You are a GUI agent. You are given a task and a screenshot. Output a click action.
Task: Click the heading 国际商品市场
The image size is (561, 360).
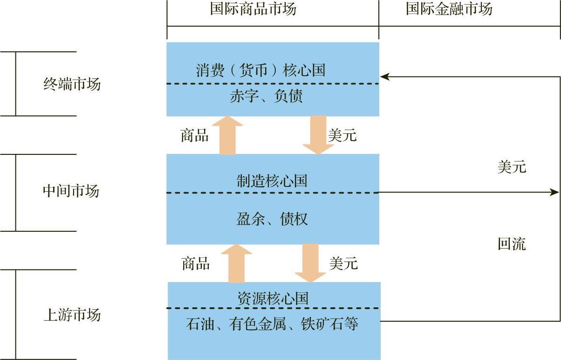(x=253, y=9)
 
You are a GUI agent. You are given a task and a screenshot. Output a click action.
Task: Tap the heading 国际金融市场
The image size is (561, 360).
(x=449, y=9)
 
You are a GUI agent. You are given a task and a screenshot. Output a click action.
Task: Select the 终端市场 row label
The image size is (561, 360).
(x=72, y=84)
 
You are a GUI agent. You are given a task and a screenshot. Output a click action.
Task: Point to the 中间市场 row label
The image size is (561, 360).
(x=71, y=191)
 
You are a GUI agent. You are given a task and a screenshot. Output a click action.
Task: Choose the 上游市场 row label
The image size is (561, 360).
(x=72, y=315)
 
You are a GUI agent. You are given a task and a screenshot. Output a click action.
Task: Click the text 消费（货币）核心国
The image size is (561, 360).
(x=261, y=70)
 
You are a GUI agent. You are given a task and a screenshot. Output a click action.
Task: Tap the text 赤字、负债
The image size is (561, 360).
(x=266, y=96)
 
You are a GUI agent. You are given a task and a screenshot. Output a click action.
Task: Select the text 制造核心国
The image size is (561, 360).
(x=272, y=181)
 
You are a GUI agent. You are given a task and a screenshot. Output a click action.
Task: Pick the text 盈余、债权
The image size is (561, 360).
(x=272, y=219)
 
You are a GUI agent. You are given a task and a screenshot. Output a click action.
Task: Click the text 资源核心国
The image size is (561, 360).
(x=273, y=298)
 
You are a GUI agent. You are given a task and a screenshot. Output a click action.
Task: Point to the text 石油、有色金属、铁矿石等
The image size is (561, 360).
(x=272, y=324)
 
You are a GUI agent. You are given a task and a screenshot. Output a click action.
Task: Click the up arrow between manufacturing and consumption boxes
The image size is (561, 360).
(x=227, y=135)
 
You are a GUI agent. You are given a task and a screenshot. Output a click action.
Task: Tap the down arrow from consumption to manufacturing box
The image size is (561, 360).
(x=318, y=135)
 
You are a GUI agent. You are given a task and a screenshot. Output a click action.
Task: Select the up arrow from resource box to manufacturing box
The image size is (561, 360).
(x=236, y=263)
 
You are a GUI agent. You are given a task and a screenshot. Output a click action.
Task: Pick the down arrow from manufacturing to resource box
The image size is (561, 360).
(x=310, y=263)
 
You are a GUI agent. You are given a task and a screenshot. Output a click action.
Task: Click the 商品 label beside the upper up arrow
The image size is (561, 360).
(x=195, y=135)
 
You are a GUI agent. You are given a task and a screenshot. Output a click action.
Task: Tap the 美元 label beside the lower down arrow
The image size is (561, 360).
(x=343, y=263)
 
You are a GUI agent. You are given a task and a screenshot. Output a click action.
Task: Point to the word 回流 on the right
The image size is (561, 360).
(x=512, y=244)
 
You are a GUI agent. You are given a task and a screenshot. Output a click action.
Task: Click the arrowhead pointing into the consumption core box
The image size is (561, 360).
(x=385, y=77)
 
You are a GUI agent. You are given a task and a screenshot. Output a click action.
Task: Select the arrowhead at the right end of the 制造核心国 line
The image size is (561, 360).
(x=554, y=193)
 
